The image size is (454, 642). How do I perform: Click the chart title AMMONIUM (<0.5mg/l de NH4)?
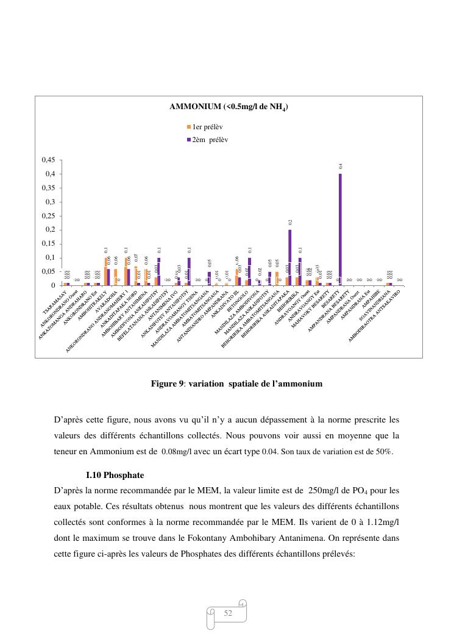point(229,107)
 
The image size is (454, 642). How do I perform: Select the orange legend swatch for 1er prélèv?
point(189,127)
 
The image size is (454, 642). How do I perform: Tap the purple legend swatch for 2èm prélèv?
point(189,140)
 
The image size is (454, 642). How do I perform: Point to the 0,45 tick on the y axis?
point(48,160)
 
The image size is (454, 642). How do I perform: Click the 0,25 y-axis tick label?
point(48,216)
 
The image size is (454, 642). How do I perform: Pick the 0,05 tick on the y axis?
point(48,271)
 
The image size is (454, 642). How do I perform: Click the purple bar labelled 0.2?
point(289,257)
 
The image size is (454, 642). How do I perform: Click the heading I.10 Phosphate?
point(115,474)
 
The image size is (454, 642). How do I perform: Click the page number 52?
point(228,613)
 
